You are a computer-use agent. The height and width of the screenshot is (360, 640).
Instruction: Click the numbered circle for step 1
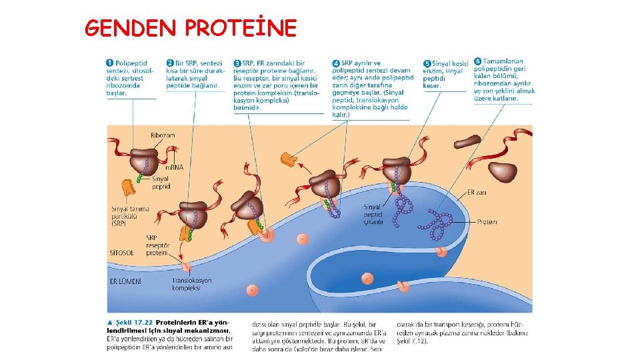[110, 63]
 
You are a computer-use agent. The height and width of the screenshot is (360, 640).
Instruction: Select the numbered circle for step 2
[170, 63]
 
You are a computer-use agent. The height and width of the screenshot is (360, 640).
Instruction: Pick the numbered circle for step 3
[237, 63]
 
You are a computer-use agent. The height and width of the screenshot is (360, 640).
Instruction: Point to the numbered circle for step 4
[336, 63]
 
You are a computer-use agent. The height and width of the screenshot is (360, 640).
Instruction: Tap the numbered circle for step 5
[427, 63]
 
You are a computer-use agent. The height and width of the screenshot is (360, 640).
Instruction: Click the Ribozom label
[163, 135]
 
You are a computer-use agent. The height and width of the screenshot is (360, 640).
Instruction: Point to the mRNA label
[175, 167]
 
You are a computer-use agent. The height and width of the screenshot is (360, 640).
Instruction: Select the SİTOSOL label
[121, 253]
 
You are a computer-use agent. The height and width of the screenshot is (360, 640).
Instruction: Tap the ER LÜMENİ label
[125, 281]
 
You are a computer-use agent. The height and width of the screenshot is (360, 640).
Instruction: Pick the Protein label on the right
[487, 221]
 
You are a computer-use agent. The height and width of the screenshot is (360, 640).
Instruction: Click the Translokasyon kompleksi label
[191, 285]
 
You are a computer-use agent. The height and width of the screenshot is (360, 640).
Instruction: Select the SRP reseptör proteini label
[157, 245]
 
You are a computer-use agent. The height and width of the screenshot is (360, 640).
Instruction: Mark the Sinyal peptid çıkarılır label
[373, 215]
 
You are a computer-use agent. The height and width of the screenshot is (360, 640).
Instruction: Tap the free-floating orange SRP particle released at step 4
[289, 159]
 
